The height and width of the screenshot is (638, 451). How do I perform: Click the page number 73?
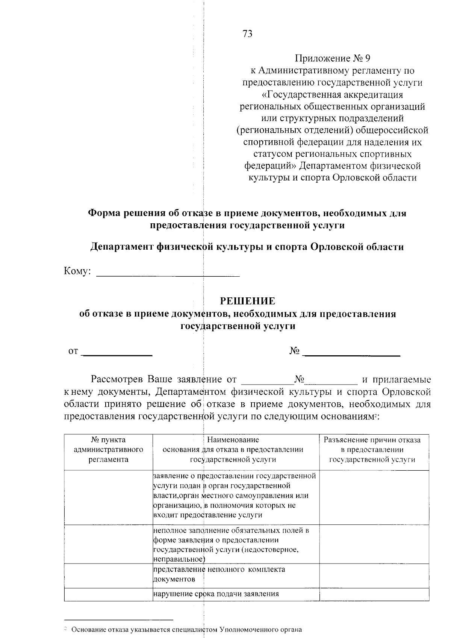click(x=248, y=34)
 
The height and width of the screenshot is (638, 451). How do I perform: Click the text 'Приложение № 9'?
click(x=333, y=58)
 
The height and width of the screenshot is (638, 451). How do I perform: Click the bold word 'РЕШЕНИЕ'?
click(x=247, y=301)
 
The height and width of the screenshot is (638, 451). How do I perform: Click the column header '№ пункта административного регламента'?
click(x=109, y=449)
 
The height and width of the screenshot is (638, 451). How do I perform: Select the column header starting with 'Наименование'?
click(x=233, y=449)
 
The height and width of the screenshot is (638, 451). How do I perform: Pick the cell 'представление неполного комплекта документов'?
click(x=219, y=574)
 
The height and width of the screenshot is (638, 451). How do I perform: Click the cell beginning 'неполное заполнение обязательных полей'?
click(x=231, y=545)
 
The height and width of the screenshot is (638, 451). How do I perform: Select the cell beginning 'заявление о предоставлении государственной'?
click(x=235, y=495)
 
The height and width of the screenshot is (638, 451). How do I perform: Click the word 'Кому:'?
click(x=77, y=271)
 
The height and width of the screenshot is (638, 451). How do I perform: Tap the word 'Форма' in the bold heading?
click(x=103, y=213)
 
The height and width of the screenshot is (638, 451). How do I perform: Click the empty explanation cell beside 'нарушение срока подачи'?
click(x=374, y=594)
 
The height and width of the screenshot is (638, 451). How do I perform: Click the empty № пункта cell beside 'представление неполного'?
click(x=109, y=574)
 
